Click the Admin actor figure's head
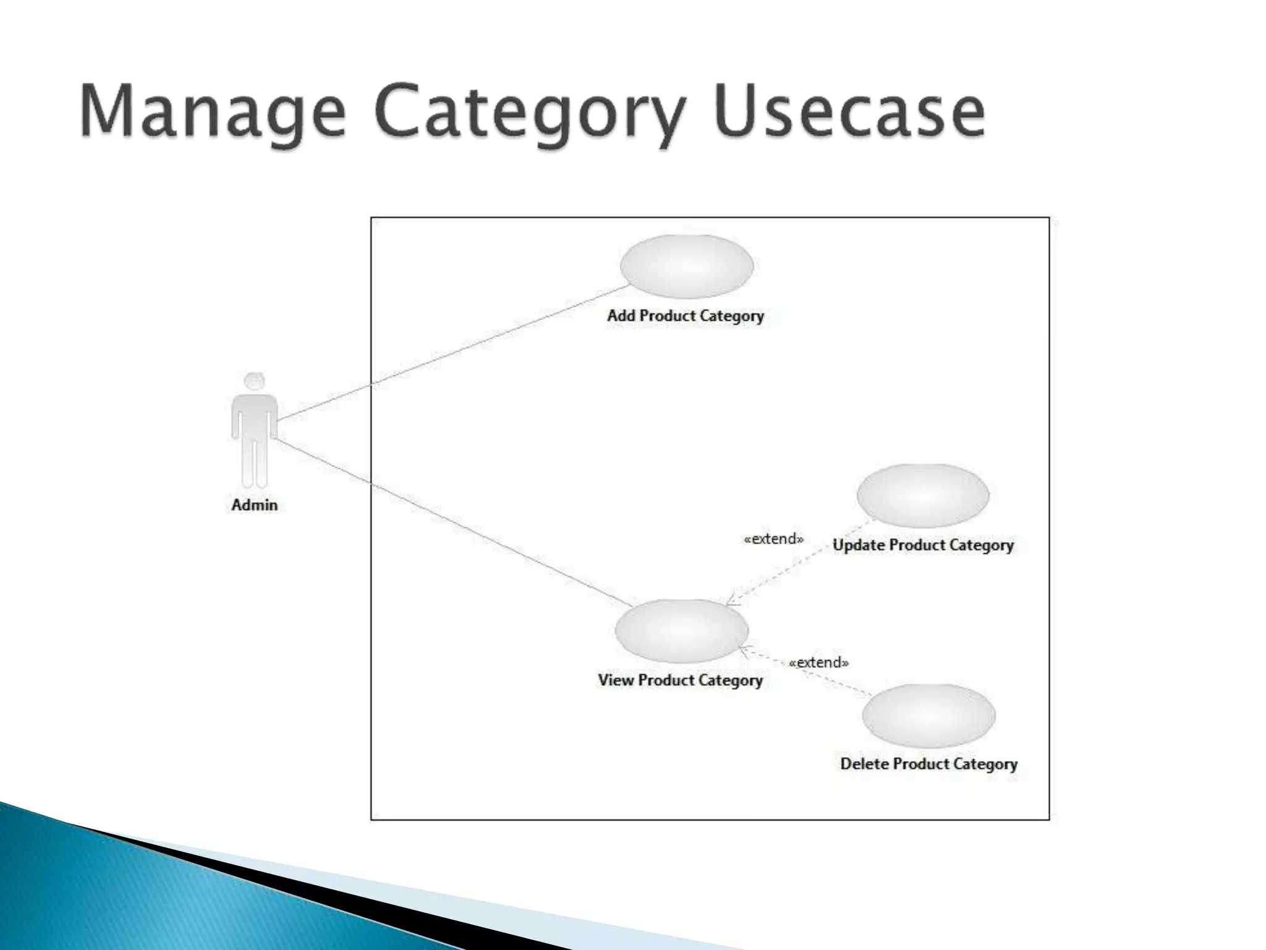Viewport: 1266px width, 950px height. coord(254,381)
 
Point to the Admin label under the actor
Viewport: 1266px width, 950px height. coord(254,505)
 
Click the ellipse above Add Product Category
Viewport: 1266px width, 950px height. coord(687,266)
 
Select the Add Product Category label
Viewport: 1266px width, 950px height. coord(686,316)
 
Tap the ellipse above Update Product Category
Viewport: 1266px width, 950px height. coord(923,495)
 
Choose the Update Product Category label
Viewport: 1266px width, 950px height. coord(923,546)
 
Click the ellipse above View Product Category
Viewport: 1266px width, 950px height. coord(681,630)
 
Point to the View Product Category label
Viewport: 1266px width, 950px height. coord(680,680)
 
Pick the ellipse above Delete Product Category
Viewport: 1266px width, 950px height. coord(928,715)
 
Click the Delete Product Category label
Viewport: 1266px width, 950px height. coord(928,764)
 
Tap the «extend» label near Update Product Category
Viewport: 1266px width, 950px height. coord(773,539)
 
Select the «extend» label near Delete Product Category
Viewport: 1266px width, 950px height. coord(819,663)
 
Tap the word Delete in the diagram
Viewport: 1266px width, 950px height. coord(864,764)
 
